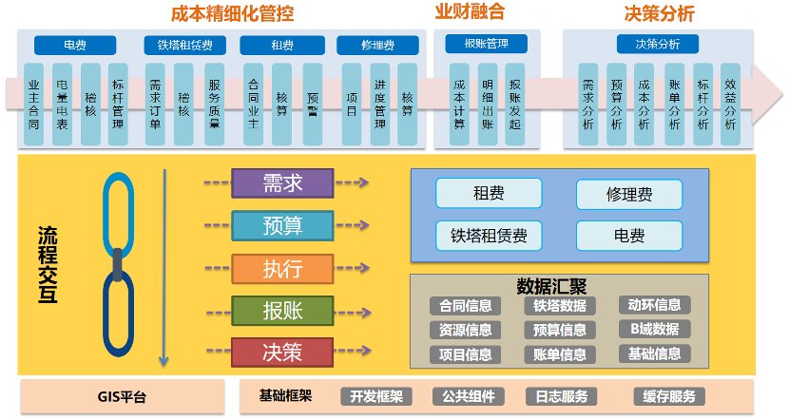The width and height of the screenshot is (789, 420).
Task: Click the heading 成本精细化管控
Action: click(x=232, y=13)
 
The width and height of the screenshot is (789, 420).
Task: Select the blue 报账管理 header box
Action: click(x=486, y=44)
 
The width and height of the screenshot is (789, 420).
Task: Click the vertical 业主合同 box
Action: click(x=34, y=104)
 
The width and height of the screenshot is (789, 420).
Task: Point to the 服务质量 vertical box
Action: click(x=215, y=104)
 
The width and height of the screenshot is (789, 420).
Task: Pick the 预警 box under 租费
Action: click(x=313, y=104)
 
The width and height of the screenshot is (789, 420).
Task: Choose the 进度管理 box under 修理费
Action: click(x=379, y=104)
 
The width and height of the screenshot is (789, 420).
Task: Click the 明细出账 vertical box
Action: click(x=487, y=104)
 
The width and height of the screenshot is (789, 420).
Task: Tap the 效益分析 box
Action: click(x=731, y=104)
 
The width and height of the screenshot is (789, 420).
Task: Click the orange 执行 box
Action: click(x=282, y=268)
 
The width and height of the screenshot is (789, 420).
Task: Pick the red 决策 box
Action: click(x=282, y=352)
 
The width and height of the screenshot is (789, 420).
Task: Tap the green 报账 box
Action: click(x=282, y=310)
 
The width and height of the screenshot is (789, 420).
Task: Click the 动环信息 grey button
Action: click(x=655, y=305)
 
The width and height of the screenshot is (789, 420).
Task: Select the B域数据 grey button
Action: click(x=655, y=330)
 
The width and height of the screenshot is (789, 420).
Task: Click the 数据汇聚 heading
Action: click(x=551, y=285)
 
